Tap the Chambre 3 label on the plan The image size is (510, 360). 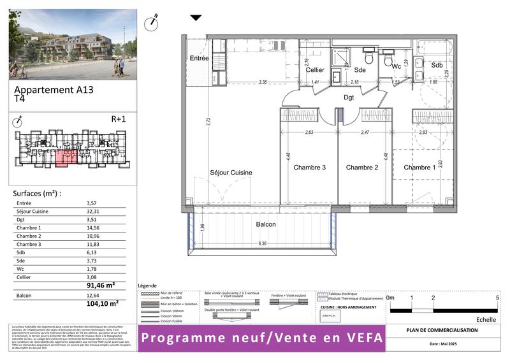coord(310,168)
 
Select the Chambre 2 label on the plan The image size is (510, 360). coord(362,168)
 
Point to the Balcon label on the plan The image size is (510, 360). coord(266,225)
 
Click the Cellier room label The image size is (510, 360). coord(315,70)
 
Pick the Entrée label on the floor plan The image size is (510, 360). coord(199,59)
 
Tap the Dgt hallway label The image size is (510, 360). coord(349,97)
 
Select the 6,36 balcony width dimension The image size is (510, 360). coord(262,243)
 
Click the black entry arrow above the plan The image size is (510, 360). coord(196,18)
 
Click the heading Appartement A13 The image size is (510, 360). coord(54,90)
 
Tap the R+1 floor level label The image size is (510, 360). coord(119,119)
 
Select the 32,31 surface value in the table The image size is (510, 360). coord(94,212)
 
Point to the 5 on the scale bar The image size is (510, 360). coord(497,298)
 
